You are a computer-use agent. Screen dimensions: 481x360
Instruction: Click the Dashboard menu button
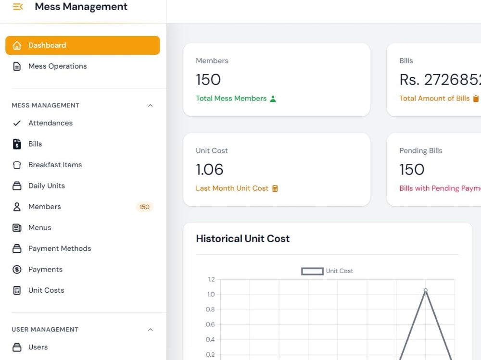[83, 45]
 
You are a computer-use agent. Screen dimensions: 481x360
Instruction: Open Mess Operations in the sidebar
[57, 66]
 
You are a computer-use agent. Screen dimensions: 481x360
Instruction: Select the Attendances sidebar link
[51, 123]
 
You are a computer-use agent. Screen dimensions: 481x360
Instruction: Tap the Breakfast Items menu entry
[55, 165]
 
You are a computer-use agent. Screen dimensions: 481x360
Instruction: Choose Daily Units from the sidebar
[47, 186]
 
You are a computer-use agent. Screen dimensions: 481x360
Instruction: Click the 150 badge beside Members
[144, 207]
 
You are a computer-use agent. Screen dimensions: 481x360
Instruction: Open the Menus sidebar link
[40, 227]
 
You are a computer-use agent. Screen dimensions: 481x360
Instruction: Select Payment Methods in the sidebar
[60, 248]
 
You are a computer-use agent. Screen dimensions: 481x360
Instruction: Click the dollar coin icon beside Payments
[17, 270]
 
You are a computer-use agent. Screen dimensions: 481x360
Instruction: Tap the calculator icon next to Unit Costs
[17, 290]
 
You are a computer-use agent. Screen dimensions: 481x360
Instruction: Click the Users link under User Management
[38, 347]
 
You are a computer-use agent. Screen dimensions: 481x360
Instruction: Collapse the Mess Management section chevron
[150, 105]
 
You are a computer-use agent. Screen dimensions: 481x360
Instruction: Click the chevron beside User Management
[150, 330]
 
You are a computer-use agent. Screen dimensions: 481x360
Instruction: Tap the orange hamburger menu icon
[18, 6]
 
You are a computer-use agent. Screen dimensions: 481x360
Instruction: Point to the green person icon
[273, 99]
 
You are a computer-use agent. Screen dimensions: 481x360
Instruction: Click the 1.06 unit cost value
[210, 170]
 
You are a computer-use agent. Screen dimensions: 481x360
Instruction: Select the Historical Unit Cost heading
[242, 238]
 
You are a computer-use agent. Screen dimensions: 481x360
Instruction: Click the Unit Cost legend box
[312, 272]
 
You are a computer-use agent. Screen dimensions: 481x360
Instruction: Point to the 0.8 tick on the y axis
[210, 310]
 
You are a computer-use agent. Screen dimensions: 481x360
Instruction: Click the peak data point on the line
[426, 290]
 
